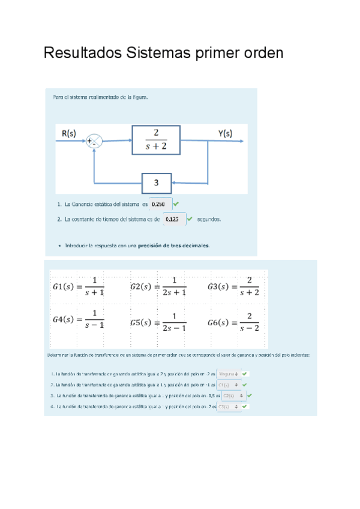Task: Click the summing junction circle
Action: pos(94,142)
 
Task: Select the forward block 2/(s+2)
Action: pos(156,139)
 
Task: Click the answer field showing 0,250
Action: pos(160,204)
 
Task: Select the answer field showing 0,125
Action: pos(173,219)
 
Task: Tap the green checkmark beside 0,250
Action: pos(176,204)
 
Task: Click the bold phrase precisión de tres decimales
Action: pos(173,245)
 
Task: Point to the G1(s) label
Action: pos(65,286)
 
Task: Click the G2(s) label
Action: pos(143,286)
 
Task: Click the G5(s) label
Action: pos(143,322)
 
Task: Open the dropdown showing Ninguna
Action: pos(229,373)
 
